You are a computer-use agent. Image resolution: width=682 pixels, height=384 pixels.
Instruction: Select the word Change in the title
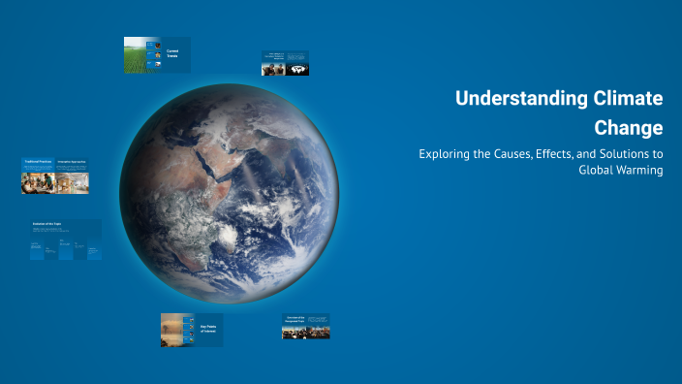630,128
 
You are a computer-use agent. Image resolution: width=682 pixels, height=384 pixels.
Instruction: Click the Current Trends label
172,54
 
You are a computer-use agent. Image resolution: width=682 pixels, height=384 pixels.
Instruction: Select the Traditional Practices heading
38,161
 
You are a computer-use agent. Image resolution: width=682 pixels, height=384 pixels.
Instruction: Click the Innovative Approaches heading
72,161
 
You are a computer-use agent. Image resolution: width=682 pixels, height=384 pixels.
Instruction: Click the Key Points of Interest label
210,329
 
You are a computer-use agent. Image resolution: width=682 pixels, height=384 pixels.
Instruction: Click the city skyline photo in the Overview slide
305,333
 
